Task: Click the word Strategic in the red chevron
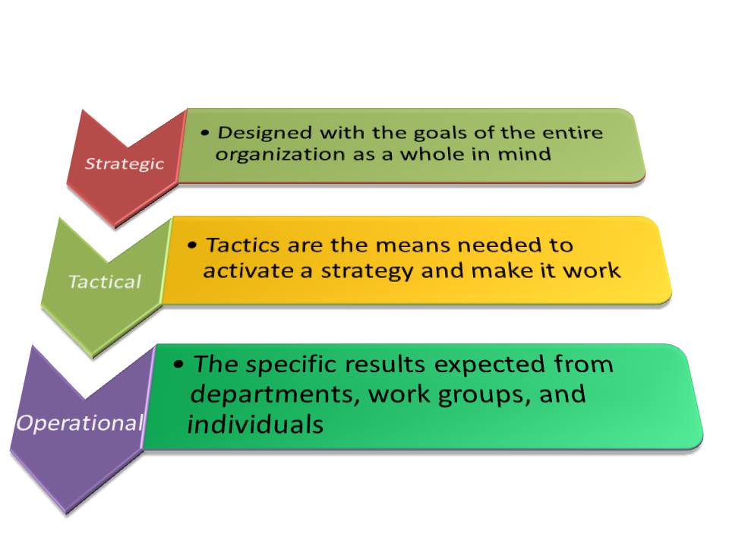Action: [x=123, y=163]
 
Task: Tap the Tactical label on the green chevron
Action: [x=105, y=282]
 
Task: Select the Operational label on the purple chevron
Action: [x=80, y=422]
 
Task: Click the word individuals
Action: [x=255, y=425]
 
